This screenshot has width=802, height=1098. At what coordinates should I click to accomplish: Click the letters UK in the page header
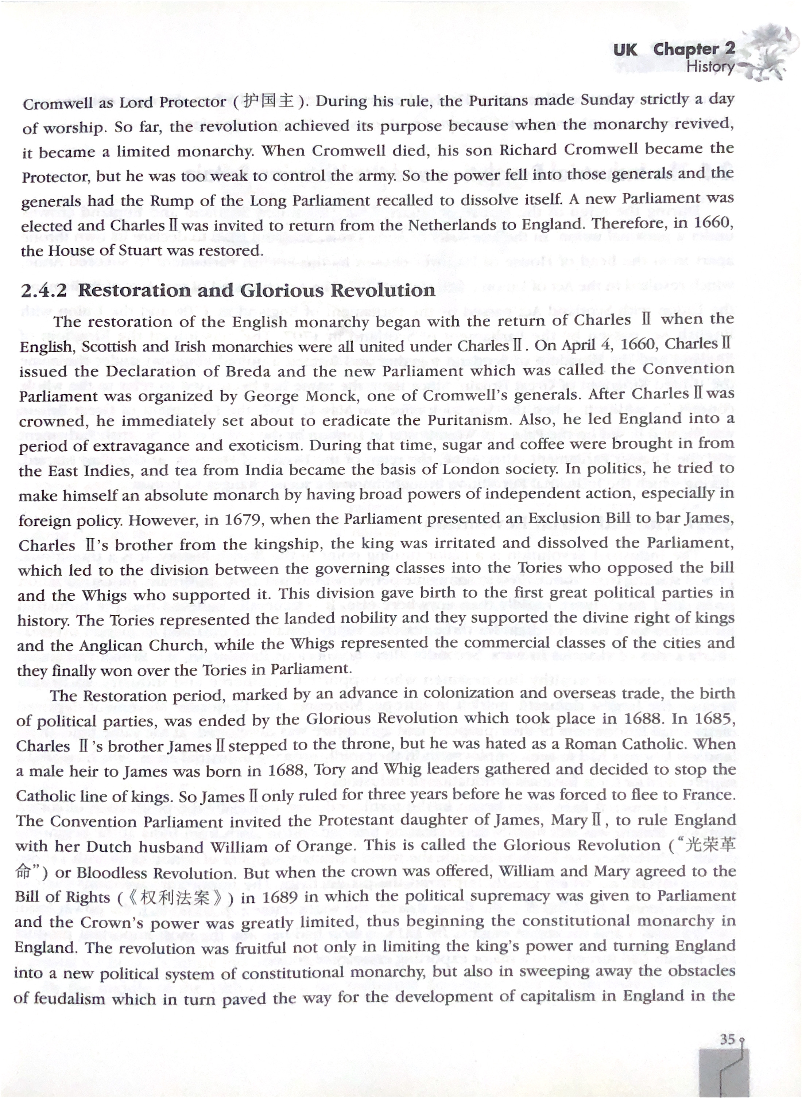tap(625, 50)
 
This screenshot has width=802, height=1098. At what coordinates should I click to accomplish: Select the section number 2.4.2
tap(44, 291)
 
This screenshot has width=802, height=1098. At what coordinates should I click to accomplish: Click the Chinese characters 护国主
tap(267, 101)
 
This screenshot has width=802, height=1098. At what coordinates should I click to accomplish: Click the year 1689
tap(280, 897)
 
